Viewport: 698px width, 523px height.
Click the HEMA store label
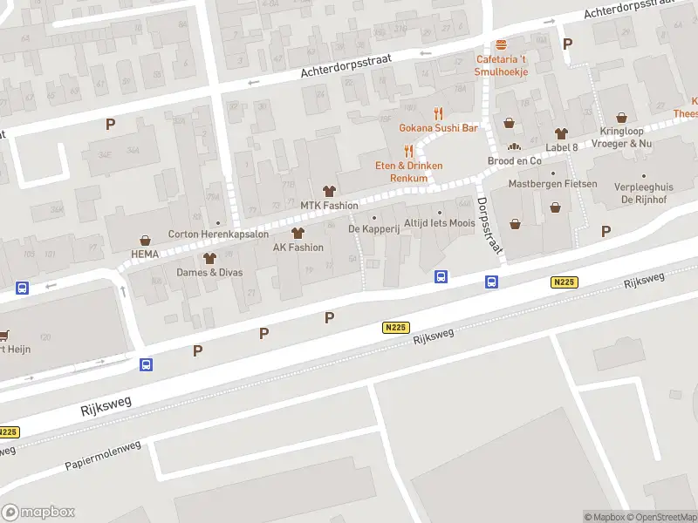145,254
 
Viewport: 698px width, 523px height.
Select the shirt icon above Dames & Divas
209,258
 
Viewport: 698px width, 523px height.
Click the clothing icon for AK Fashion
298,233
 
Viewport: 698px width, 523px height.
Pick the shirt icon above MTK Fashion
329,191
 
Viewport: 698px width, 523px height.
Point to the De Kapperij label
373,229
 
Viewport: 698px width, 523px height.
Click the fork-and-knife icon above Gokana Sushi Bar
439,113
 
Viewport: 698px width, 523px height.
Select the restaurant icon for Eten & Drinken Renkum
408,151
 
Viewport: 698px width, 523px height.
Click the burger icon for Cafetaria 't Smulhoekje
501,45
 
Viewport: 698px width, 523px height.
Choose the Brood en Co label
514,161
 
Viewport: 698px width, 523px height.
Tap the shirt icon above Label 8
561,132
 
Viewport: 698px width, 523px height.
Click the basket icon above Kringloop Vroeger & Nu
621,118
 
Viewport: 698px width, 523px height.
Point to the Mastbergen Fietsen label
553,184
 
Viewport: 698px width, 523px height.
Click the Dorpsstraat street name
491,224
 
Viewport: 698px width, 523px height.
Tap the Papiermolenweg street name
103,456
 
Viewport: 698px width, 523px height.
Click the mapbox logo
38,512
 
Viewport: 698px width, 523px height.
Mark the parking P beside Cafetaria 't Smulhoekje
568,44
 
